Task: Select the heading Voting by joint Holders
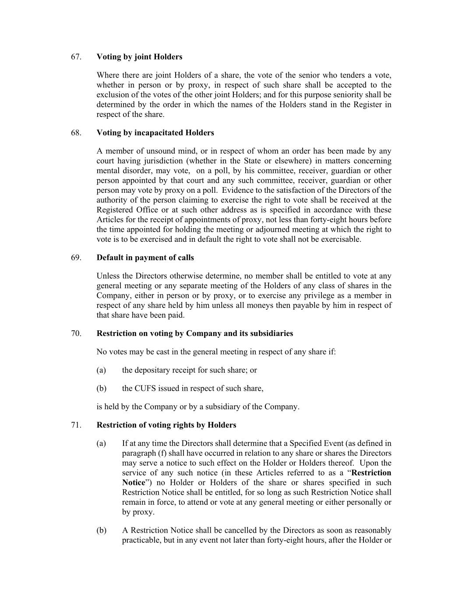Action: coord(139,57)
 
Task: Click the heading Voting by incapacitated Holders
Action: coord(155,133)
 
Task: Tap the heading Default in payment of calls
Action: coord(145,258)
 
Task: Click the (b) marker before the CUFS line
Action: coord(101,389)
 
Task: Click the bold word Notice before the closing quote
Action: coord(133,482)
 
